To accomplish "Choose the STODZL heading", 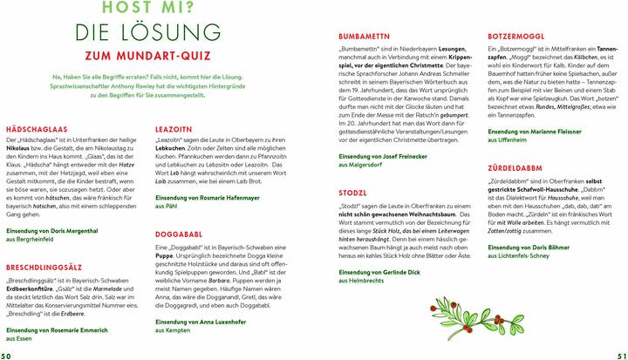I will (353, 194).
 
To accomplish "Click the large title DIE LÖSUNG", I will (147, 35).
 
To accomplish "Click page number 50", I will (8, 353).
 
